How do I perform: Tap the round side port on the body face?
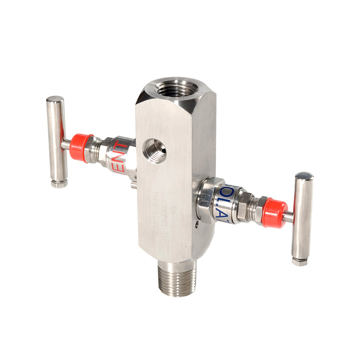155,150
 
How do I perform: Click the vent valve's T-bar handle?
56,140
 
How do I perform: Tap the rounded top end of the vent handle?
54,99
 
